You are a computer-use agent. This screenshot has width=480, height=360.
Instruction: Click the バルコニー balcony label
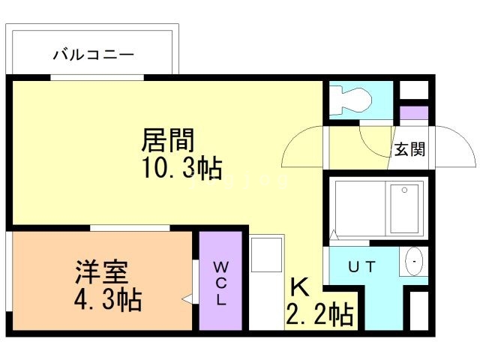(x=93, y=55)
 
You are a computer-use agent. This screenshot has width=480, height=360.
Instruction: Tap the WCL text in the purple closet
(x=221, y=283)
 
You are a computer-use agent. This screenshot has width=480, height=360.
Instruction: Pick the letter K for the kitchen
(x=298, y=286)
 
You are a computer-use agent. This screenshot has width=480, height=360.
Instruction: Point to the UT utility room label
(x=361, y=266)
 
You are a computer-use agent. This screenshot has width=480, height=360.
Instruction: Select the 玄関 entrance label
(x=409, y=149)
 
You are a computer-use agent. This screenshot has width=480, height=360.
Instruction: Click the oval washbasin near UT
(x=414, y=262)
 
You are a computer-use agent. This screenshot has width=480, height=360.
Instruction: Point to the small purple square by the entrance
(x=412, y=115)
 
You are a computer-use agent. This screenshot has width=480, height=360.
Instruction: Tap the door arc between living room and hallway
(x=303, y=147)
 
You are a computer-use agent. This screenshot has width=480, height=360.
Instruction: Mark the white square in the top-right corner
(x=413, y=89)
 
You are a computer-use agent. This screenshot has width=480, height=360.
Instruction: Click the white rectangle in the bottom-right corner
(x=417, y=309)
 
